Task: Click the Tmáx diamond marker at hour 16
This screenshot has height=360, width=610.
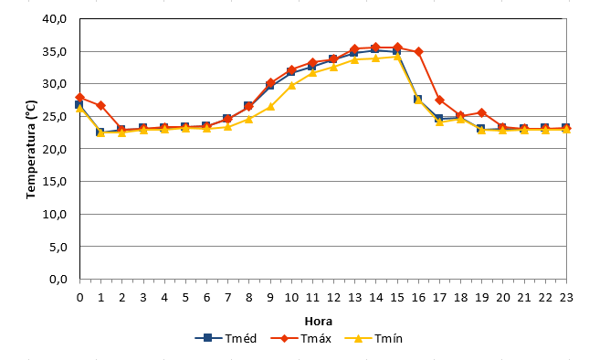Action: [418, 51]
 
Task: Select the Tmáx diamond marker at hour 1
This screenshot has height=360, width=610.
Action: [100, 105]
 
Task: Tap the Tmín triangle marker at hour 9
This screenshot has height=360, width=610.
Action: [270, 106]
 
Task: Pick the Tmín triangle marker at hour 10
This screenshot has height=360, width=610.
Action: [292, 85]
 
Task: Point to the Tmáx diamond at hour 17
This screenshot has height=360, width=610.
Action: [439, 100]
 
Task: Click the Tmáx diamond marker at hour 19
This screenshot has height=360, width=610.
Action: [481, 113]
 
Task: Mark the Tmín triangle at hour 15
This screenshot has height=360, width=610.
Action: [397, 57]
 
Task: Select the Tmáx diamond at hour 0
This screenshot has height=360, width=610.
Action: [79, 97]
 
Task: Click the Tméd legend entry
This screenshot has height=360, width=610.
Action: [226, 338]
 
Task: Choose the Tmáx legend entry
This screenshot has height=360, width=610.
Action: [300, 338]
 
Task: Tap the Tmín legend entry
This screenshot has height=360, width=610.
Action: [373, 338]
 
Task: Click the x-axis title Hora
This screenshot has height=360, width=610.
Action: [318, 322]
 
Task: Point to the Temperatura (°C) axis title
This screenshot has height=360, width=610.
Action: [31, 150]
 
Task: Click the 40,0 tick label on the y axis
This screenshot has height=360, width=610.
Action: [55, 18]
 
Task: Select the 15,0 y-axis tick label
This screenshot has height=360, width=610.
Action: [55, 181]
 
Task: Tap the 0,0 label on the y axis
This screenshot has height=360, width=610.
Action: [58, 279]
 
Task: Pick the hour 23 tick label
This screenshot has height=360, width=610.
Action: [566, 298]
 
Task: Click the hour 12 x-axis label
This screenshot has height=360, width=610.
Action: [333, 298]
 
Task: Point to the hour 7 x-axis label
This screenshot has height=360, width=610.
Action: [227, 298]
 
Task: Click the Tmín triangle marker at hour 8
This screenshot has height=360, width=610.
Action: [249, 119]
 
